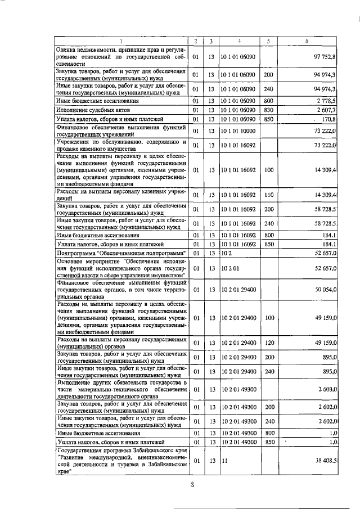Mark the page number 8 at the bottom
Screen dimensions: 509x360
[x=191, y=487]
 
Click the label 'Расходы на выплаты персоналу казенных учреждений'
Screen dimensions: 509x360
[x=121, y=195]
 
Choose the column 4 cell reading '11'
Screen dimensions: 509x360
[x=224, y=461]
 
